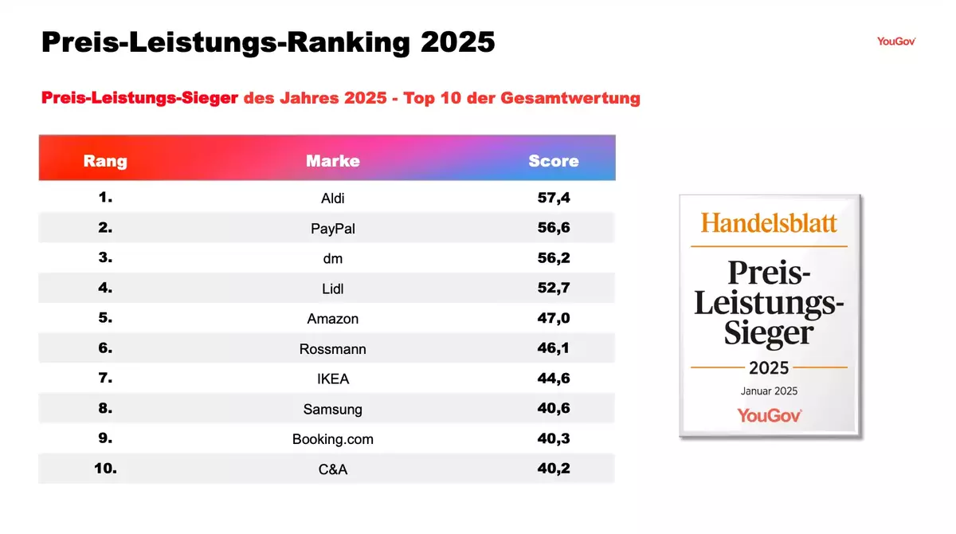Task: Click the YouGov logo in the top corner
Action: point(895,41)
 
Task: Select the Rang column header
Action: point(105,161)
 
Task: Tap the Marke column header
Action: point(333,161)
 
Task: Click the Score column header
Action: point(554,161)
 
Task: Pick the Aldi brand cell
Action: point(333,198)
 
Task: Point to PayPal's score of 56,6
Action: point(554,228)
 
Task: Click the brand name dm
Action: point(333,258)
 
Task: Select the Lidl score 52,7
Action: point(554,288)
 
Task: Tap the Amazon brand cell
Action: point(333,319)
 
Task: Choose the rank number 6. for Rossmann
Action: point(105,347)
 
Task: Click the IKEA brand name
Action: point(333,379)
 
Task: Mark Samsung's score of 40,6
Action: point(554,408)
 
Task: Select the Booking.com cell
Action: point(333,439)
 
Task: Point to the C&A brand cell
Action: point(333,469)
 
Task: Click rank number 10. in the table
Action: point(105,468)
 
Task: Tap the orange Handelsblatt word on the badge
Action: point(769,222)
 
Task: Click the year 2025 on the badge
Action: point(769,367)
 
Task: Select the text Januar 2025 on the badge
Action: point(769,391)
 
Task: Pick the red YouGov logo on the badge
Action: point(769,414)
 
